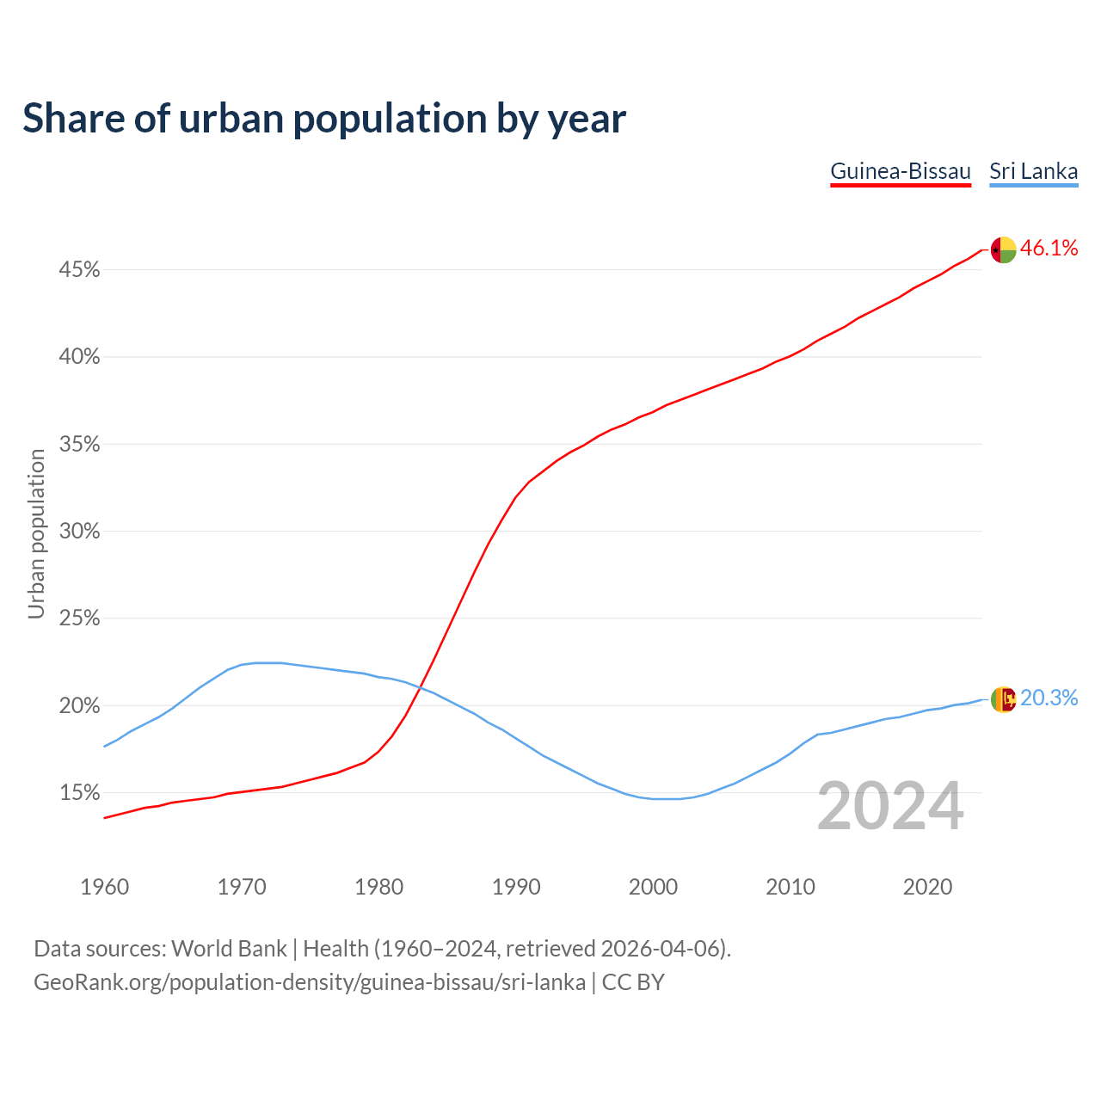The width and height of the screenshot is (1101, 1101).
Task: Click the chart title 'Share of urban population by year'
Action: tap(324, 119)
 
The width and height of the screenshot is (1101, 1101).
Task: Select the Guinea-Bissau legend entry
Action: tap(901, 171)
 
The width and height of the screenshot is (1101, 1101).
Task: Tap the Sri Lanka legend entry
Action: tap(1033, 171)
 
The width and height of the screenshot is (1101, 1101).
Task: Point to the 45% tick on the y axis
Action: tap(79, 270)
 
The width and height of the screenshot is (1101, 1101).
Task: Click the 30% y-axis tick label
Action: tap(79, 532)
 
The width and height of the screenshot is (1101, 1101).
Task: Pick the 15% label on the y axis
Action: tap(79, 793)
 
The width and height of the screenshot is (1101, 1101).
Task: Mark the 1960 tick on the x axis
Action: tap(104, 887)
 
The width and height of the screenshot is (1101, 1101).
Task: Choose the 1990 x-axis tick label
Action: tap(516, 887)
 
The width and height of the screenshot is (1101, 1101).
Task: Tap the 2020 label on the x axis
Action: tap(927, 887)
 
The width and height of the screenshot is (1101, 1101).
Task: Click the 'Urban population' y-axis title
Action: tap(36, 533)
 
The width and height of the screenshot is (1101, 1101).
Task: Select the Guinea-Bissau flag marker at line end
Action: tap(1003, 250)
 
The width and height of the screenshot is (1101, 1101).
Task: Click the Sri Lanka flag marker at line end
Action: tap(1003, 699)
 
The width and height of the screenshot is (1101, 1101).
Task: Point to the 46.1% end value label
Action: tap(1049, 249)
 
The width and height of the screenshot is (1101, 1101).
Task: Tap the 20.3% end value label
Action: tap(1049, 698)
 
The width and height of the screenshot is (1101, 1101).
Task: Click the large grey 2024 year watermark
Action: tap(890, 806)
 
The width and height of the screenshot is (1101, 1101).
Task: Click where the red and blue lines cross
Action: tap(419, 688)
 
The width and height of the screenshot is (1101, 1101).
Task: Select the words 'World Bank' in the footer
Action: tap(229, 949)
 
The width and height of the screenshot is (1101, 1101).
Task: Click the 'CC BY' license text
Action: tap(633, 982)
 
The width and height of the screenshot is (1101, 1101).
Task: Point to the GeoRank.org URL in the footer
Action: tap(310, 982)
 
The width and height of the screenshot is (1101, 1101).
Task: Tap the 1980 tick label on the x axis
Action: tap(379, 887)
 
